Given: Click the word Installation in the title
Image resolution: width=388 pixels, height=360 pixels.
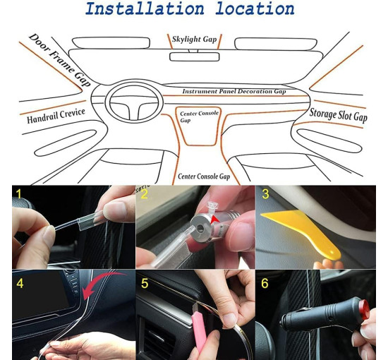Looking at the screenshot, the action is point(145,8).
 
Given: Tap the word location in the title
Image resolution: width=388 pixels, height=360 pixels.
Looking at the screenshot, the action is point(255,8).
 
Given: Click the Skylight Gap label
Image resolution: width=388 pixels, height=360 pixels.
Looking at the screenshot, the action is point(194,39).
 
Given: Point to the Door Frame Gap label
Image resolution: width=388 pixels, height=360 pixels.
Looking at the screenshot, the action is point(60,60).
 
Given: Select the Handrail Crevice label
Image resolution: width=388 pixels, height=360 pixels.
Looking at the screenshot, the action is point(56,116).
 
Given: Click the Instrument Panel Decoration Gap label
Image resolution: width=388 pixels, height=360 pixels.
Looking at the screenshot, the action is point(234,91).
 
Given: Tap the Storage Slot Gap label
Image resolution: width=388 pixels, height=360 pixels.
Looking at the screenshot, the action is point(338,115).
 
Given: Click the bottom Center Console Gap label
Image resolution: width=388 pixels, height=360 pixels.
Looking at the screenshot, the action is point(204,176).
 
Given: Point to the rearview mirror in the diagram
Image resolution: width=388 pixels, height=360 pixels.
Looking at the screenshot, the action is point(194,56).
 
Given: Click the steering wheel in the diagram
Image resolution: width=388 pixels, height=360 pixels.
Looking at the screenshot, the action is point(107,103).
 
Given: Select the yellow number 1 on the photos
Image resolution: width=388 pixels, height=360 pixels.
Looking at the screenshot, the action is point(18,194).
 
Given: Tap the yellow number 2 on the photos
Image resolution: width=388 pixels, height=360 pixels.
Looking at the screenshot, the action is point(144,194).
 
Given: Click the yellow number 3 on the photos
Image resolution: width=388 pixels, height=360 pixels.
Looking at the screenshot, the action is point(265,194).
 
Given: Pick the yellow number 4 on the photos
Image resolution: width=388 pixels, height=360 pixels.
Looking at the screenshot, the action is point(20,284).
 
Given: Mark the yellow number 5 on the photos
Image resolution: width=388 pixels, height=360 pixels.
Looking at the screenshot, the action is point(145,284).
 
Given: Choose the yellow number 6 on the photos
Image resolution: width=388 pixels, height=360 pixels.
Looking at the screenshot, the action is point(265,284).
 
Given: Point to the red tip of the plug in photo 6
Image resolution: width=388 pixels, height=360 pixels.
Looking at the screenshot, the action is point(364,309).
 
